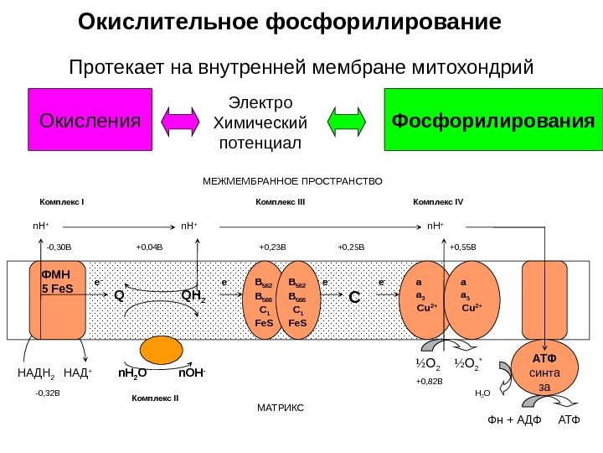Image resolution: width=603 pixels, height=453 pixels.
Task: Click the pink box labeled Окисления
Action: click(90, 118)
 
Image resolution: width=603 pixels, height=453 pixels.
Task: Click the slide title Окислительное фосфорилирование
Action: click(289, 20)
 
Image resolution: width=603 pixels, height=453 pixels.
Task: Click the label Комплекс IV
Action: click(438, 202)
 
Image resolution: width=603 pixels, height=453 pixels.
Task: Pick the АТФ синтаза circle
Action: click(544, 368)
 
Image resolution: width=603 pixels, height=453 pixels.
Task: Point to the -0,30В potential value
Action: click(59, 247)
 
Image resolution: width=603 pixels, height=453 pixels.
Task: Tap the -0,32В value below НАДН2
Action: click(49, 391)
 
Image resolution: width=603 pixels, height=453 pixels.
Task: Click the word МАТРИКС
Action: click(280, 406)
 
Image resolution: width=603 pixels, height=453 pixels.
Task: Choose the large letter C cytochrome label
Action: click(353, 298)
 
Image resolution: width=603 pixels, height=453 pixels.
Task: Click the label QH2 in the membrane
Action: click(193, 295)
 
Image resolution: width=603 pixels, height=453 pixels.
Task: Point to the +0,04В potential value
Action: click(149, 247)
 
